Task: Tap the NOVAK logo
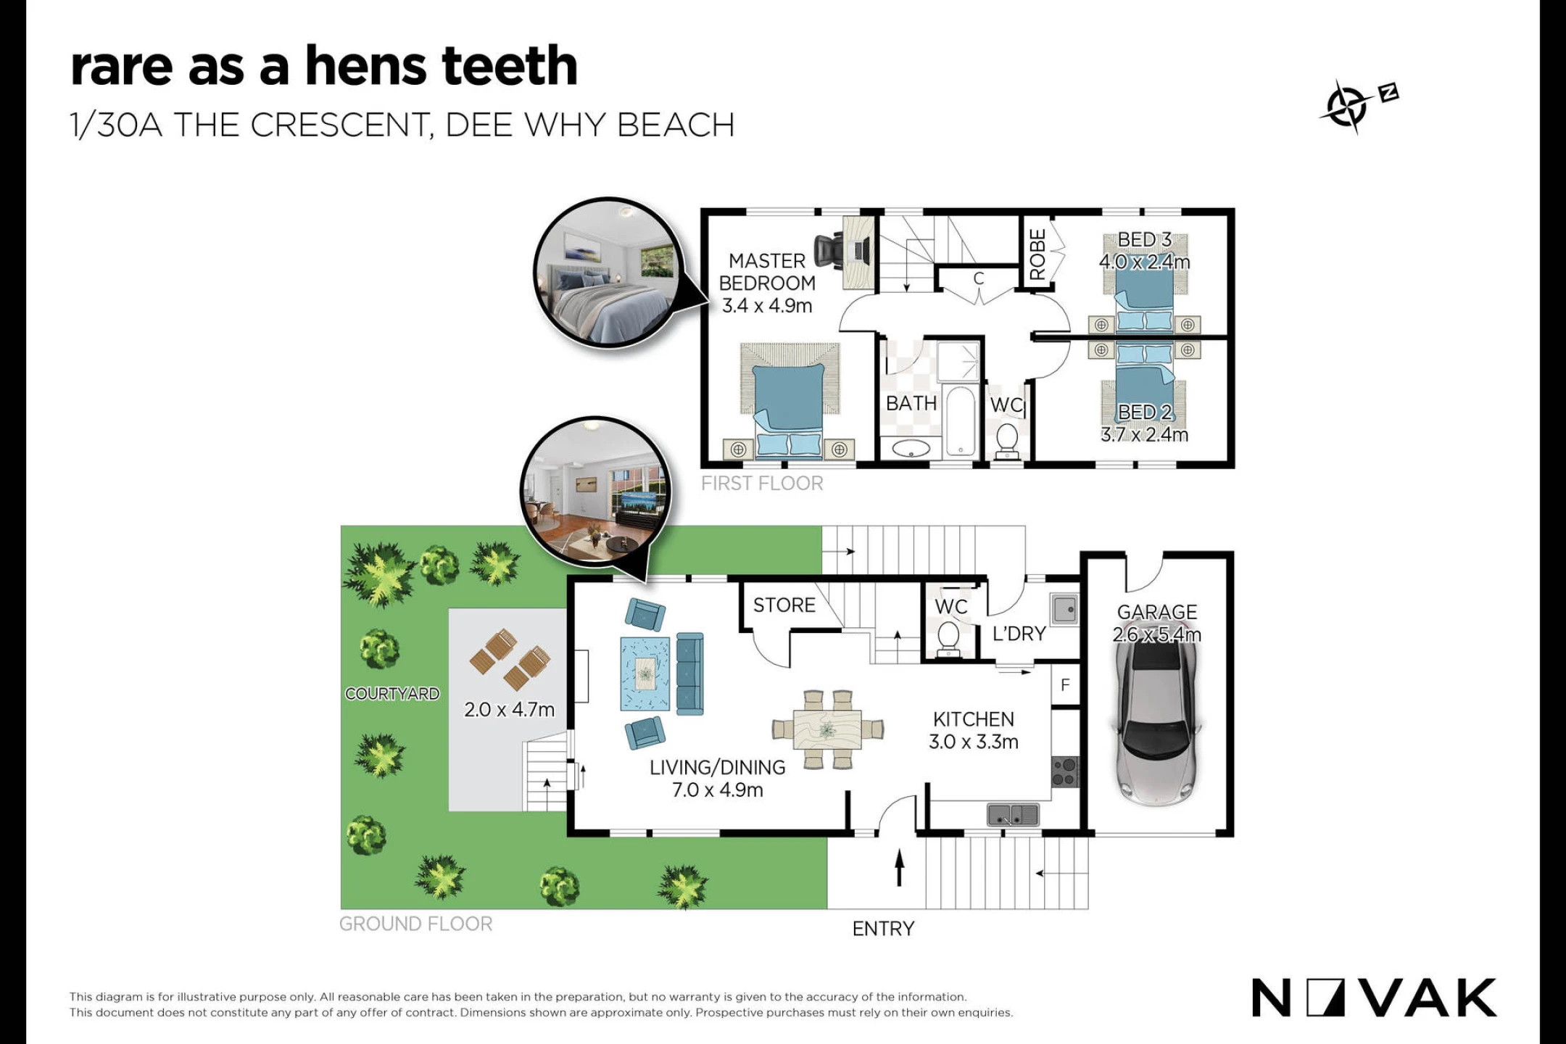[x=1374, y=998]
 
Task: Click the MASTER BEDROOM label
[x=767, y=272]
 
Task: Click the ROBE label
[x=1037, y=254]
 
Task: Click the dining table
[x=828, y=729]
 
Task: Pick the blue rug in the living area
[x=645, y=674]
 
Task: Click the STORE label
[x=784, y=605]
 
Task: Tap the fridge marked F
[x=1065, y=685]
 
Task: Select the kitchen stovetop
[x=1065, y=771]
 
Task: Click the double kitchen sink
[x=1013, y=814]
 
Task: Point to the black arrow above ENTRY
[x=900, y=868]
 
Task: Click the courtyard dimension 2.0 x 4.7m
[x=509, y=709]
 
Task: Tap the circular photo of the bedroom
[x=609, y=273]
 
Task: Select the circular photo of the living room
[x=596, y=492]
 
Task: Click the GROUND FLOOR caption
[x=416, y=924]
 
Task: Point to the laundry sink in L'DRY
[x=1064, y=609]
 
